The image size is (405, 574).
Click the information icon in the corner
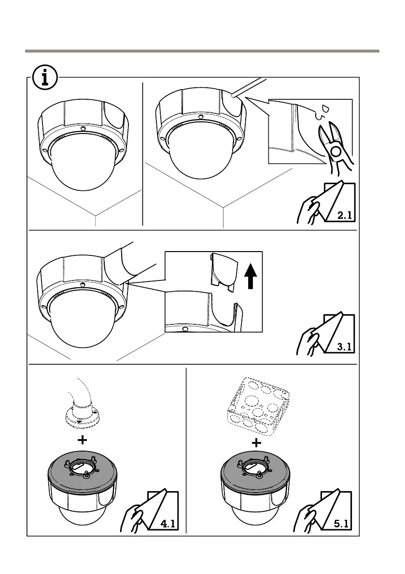[x=45, y=78]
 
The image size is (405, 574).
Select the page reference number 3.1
[x=345, y=346]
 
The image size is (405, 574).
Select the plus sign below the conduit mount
[x=83, y=440]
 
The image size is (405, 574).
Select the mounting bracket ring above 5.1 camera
[x=256, y=466]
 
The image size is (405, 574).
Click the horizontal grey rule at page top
[x=202, y=51]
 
